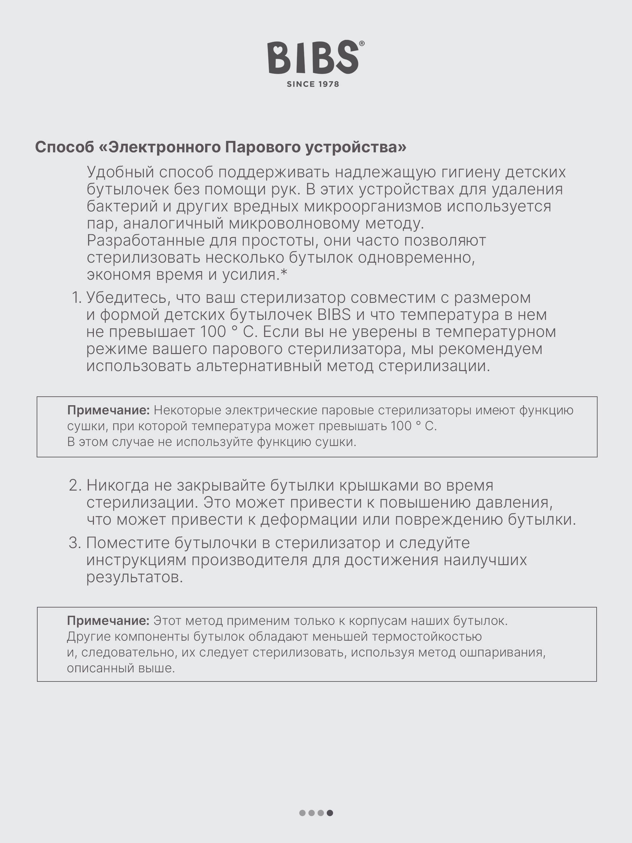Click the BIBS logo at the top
pos(313,58)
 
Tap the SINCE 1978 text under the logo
pos(313,84)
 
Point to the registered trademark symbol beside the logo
pos(362,44)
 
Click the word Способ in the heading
pos(64,147)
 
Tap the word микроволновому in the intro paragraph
pos(294,223)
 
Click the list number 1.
pos(76,298)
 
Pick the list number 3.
pos(75,543)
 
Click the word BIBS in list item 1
pos(334,315)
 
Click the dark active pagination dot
pos(330,813)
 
